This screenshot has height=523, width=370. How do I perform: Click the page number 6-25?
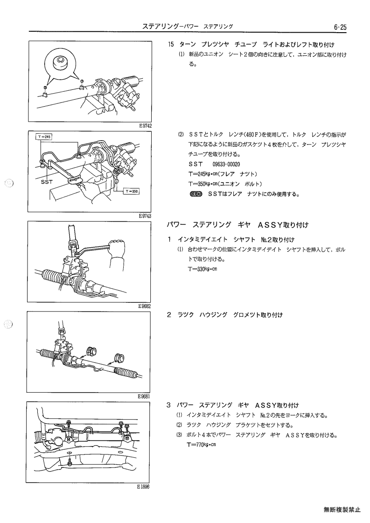click(340, 27)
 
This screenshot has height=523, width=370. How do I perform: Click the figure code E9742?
click(146, 126)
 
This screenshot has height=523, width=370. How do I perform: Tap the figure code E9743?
click(145, 216)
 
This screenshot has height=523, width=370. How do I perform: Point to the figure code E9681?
click(144, 397)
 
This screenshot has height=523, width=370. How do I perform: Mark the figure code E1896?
click(143, 487)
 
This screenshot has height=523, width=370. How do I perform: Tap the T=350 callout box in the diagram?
click(132, 191)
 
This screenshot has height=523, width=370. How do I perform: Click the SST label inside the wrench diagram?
click(47, 182)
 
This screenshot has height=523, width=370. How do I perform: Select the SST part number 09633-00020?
click(226, 164)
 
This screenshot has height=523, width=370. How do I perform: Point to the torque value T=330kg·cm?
click(202, 269)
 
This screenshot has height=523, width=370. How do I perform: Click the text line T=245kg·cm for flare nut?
click(223, 174)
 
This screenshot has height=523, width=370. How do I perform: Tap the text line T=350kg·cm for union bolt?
click(225, 184)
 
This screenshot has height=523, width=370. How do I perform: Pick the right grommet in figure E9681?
click(119, 358)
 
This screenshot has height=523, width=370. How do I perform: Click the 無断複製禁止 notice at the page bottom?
click(342, 509)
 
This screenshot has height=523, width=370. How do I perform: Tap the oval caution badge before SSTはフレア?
click(195, 194)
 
